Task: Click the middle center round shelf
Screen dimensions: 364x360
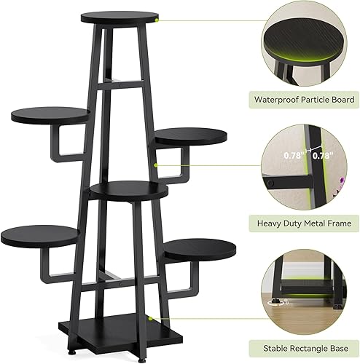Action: (129, 191)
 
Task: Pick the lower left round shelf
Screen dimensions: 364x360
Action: (40, 234)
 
